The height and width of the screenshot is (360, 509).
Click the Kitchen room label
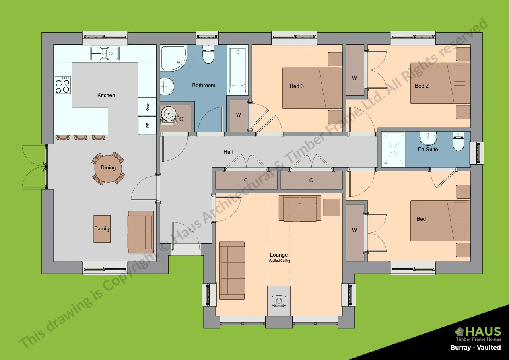pyautogui.click(x=106, y=95)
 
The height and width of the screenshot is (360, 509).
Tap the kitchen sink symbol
pyautogui.click(x=105, y=53)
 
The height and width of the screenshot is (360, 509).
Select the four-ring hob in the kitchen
pyautogui.click(x=62, y=85)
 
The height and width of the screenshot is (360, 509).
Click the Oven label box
pyautogui.click(x=148, y=107)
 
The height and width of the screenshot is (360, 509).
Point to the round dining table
pyautogui.click(x=108, y=168)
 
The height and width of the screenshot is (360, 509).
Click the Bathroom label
pyautogui.click(x=204, y=86)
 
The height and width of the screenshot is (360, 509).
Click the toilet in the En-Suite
pyautogui.click(x=458, y=142)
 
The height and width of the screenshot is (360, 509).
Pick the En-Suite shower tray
pyautogui.click(x=393, y=149)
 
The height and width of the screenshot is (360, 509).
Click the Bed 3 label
pyautogui.click(x=297, y=86)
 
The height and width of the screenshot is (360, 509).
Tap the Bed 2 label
pyautogui.click(x=422, y=86)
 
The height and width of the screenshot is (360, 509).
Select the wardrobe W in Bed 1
pyautogui.click(x=355, y=231)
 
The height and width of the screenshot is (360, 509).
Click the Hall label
pyautogui.click(x=228, y=152)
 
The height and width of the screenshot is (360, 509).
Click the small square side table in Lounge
pyautogui.click(x=331, y=207)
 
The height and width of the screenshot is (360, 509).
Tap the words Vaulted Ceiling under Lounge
pyautogui.click(x=279, y=261)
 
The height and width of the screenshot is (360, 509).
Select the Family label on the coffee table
pyautogui.click(x=102, y=229)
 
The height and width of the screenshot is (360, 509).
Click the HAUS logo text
pyautogui.click(x=483, y=331)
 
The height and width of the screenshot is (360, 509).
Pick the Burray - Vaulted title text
pyautogui.click(x=475, y=348)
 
